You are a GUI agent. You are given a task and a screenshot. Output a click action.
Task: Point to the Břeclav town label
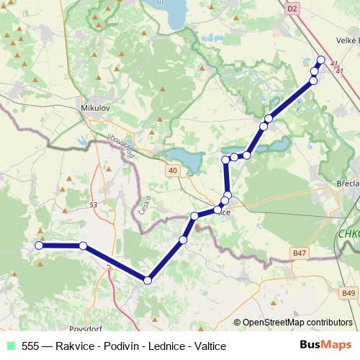(348, 184)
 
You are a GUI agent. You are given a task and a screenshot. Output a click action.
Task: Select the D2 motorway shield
(292, 9)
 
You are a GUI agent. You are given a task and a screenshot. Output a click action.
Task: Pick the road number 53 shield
(93, 205)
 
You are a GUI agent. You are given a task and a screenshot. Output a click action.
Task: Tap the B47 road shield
(300, 253)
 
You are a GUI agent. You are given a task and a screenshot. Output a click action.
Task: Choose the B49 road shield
(348, 293)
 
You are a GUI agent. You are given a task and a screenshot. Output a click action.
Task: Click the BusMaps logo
(326, 345)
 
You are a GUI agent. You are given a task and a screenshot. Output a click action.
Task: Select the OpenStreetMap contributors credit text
(297, 323)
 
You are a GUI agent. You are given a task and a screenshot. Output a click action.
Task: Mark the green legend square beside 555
(9, 346)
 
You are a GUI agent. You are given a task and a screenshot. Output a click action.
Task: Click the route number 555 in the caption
(31, 346)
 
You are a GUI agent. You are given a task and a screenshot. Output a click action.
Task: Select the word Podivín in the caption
(123, 346)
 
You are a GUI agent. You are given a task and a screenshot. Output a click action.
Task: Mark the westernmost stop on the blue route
(40, 246)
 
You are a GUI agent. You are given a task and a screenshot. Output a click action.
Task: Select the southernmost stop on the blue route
(148, 280)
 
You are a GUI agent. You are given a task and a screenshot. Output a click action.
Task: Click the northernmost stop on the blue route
(321, 60)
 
